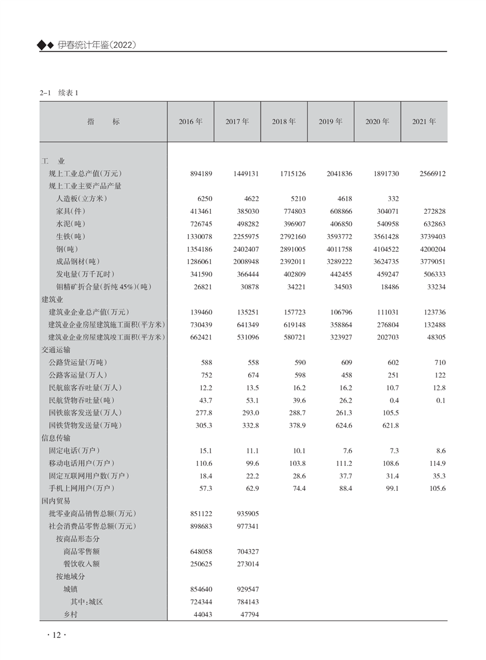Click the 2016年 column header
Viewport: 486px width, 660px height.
pyautogui.click(x=191, y=122)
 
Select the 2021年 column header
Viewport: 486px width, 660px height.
pyautogui.click(x=424, y=122)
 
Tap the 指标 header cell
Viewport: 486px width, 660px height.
pyautogui.click(x=104, y=122)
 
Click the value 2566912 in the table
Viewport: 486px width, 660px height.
pyautogui.click(x=433, y=174)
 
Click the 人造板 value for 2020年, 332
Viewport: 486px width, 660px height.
pyautogui.click(x=393, y=199)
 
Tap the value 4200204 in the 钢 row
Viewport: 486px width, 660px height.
pyautogui.click(x=433, y=249)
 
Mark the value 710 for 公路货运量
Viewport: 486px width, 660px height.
pyautogui.click(x=439, y=362)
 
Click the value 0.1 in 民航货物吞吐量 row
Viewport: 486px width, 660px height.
pyautogui.click(x=441, y=400)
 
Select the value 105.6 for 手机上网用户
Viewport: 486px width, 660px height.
pyautogui.click(x=436, y=488)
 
